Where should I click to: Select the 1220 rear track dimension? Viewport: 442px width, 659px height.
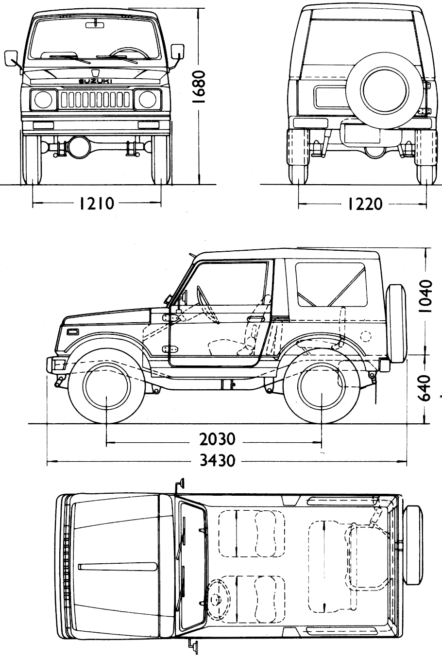coord(365,204)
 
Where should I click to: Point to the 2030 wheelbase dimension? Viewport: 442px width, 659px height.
coord(217,439)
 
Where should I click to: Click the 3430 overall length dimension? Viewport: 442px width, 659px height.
coord(217,460)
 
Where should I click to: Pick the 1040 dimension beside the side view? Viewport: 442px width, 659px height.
coord(425,296)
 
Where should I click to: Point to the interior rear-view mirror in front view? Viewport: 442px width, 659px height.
coord(95,24)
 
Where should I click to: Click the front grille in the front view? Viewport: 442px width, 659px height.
coord(95,100)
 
